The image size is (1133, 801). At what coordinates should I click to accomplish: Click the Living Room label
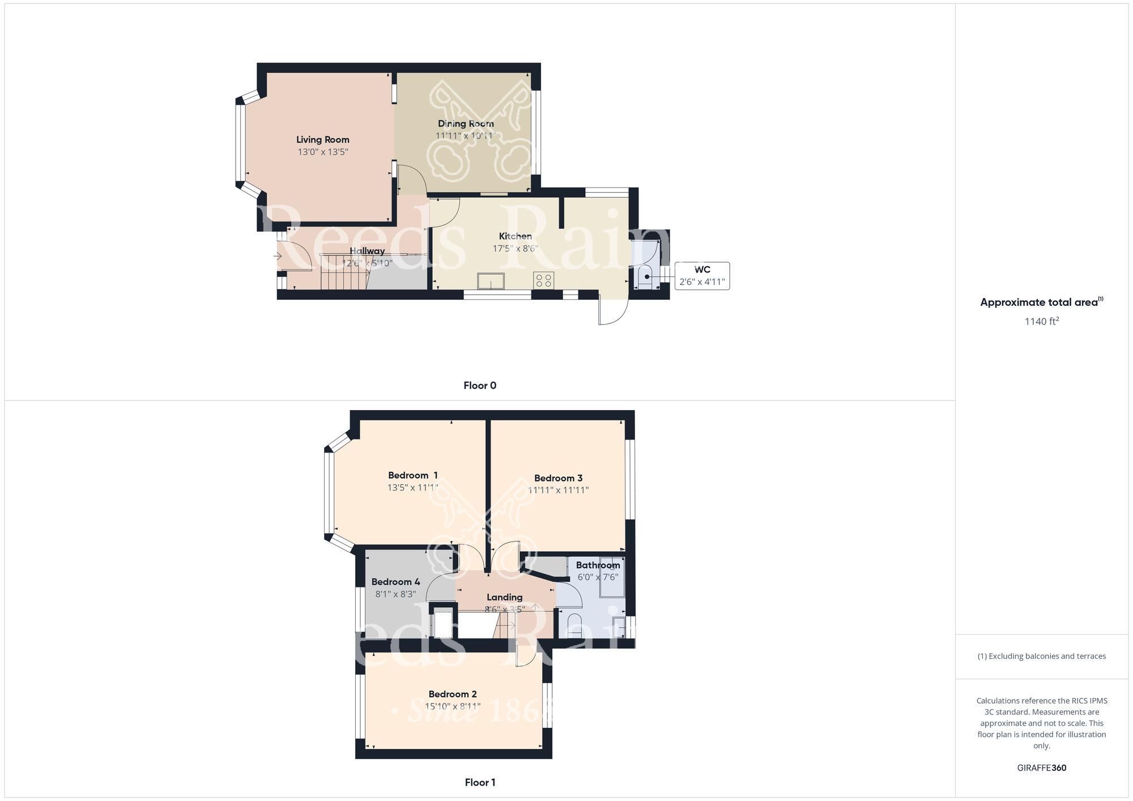point(322,139)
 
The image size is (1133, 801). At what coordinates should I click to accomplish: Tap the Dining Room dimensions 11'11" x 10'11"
point(465,136)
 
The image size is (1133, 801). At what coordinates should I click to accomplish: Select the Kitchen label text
point(515,236)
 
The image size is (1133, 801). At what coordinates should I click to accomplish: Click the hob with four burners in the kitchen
point(543,280)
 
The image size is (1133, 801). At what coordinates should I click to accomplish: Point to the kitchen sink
point(491,280)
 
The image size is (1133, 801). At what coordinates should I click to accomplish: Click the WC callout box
point(702,276)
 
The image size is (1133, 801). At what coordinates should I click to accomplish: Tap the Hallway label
point(367,251)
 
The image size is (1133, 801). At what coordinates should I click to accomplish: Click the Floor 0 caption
point(480,385)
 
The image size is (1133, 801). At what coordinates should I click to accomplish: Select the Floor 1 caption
point(480,782)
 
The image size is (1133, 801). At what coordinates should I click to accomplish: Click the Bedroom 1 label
point(412,475)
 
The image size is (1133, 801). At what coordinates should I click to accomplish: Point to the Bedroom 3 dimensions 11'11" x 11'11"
point(558,491)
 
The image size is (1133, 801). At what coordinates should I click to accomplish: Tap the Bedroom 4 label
point(395,582)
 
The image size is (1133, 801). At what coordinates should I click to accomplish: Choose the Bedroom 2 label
point(453,694)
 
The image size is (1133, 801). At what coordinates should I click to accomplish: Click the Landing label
point(504,597)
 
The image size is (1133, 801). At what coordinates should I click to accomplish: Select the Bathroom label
point(598,565)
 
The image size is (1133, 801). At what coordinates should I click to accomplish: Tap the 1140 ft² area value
point(1041,321)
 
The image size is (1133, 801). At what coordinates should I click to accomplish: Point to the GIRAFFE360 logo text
point(1041,768)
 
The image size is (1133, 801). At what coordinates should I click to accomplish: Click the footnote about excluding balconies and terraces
point(1041,656)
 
